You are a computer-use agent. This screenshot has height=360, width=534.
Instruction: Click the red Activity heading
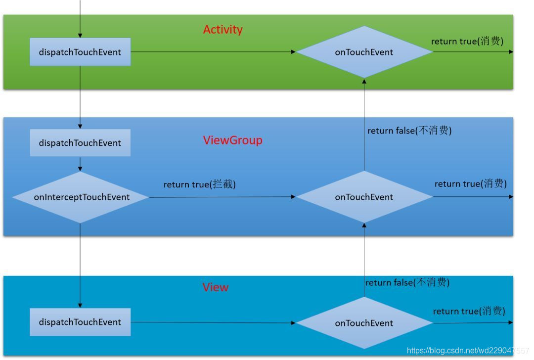coord(222,30)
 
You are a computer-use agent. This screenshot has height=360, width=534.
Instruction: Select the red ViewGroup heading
coord(232,140)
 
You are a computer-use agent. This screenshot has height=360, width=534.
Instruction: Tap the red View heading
coord(216,287)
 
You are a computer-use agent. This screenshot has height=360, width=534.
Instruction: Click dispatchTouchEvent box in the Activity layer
coord(80,52)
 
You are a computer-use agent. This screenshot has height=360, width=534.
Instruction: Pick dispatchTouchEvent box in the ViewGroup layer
coord(80,143)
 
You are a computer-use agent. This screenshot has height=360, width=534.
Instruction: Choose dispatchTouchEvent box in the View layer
coord(80,322)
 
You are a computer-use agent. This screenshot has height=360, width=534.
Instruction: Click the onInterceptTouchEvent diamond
coord(81,197)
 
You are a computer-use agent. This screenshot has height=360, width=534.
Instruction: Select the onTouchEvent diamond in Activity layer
coord(364,52)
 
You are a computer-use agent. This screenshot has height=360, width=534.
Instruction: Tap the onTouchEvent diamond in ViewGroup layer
coord(364,197)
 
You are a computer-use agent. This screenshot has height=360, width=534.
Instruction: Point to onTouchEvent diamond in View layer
coord(364,323)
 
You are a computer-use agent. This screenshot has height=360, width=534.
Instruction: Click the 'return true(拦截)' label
coord(200,184)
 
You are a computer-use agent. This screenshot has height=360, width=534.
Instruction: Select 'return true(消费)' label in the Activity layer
coord(467,41)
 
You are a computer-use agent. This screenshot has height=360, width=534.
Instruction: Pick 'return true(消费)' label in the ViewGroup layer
coord(470,183)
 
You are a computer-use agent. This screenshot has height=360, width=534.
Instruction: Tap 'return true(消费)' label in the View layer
coord(469,311)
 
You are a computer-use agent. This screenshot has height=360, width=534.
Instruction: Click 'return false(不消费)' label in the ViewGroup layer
coord(409,131)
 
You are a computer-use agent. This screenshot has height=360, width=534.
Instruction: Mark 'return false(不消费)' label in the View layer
coord(407,282)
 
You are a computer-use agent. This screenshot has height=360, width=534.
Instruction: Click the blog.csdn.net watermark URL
coord(467,351)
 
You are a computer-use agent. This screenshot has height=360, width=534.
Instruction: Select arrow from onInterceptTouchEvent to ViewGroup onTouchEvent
coord(222,197)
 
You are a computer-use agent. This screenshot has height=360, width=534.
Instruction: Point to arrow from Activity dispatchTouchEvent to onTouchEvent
coord(213,51)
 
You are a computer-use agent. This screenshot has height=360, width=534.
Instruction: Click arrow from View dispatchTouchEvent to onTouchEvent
coord(213,322)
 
